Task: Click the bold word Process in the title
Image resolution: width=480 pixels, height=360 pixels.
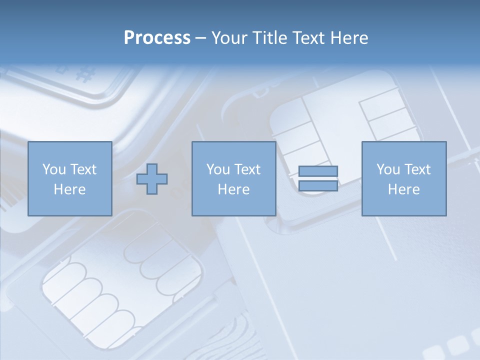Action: pyautogui.click(x=157, y=38)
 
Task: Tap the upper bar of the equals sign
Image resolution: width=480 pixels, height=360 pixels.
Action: pyautogui.click(x=318, y=171)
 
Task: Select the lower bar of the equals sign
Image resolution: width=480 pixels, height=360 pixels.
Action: pyautogui.click(x=318, y=185)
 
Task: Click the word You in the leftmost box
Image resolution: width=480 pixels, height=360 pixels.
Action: pyautogui.click(x=54, y=169)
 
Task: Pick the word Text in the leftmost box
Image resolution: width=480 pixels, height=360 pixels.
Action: pyautogui.click(x=82, y=169)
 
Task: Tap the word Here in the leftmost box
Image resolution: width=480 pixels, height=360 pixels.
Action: pyautogui.click(x=69, y=189)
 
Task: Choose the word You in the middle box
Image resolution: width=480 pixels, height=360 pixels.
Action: pyautogui.click(x=218, y=169)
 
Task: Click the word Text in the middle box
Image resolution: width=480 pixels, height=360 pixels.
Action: pyautogui.click(x=247, y=169)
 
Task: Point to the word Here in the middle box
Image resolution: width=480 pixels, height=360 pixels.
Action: pyautogui.click(x=233, y=189)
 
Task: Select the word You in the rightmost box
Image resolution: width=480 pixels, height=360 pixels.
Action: pyautogui.click(x=388, y=169)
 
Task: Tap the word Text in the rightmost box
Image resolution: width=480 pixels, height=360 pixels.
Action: pyautogui.click(x=417, y=169)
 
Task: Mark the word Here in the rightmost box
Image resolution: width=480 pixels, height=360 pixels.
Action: pyautogui.click(x=403, y=189)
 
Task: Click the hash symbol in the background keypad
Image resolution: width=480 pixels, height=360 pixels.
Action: pyautogui.click(x=86, y=74)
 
